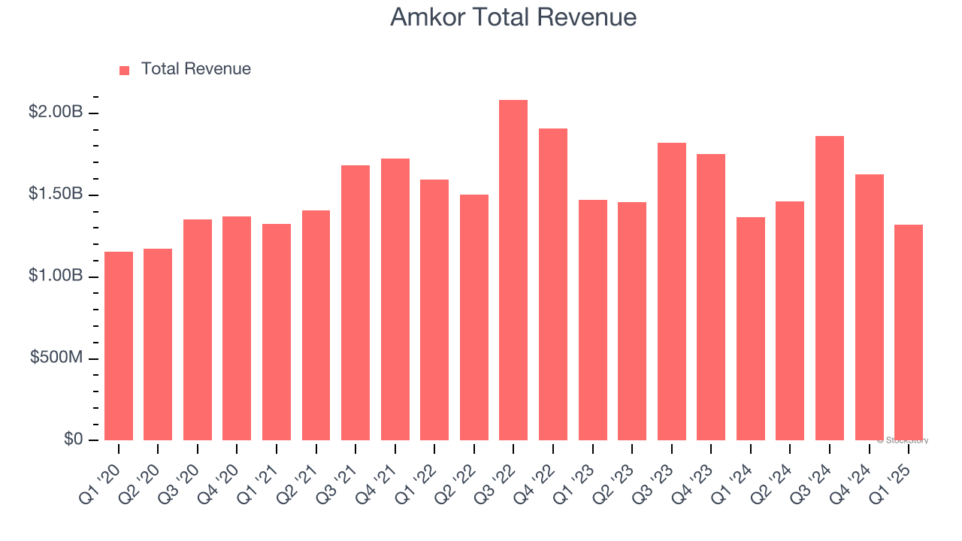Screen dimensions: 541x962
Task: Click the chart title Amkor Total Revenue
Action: pos(513,17)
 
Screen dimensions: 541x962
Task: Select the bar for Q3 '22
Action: pos(513,270)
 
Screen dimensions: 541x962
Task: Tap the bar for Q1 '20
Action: pos(119,346)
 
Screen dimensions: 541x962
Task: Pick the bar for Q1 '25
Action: pos(909,332)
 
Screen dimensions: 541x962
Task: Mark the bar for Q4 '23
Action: pos(711,297)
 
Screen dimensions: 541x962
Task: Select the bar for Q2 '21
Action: pos(316,325)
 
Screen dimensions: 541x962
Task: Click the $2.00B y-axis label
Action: pos(56,112)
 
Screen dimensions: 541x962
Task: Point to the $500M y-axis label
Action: pos(56,358)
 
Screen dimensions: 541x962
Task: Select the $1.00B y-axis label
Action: pos(56,276)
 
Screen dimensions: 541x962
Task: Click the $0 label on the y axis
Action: pos(72,439)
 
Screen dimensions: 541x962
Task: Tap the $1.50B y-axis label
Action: pos(56,194)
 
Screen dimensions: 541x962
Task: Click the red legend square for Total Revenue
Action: pos(125,71)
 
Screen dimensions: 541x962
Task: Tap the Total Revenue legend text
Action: pos(196,69)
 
